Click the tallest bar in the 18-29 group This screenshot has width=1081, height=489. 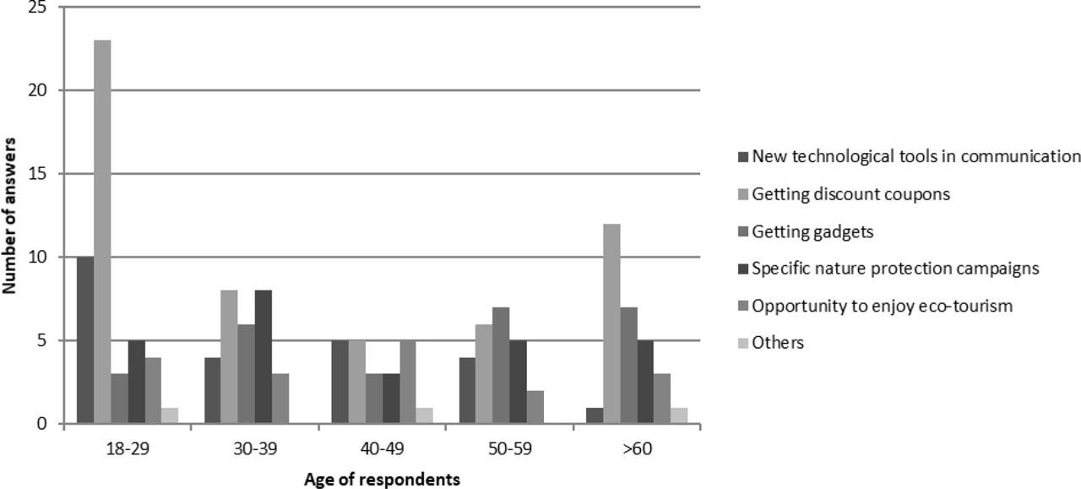coord(102,232)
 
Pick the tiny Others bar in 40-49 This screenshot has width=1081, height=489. coord(425,416)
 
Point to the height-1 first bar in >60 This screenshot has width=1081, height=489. coord(595,416)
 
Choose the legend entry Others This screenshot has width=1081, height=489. coord(777,343)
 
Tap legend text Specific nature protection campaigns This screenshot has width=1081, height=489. coord(894,269)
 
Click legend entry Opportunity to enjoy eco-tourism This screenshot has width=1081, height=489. coord(881,306)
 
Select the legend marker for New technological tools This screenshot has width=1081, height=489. coord(743,157)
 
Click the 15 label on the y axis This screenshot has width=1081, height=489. coord(36,174)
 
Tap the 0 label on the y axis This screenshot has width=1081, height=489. coord(41,424)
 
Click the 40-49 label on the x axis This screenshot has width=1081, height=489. coord(383,449)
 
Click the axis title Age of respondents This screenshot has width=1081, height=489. coord(382,480)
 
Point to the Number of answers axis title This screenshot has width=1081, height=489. coord(10,216)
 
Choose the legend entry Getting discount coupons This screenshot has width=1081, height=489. coord(850,194)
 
